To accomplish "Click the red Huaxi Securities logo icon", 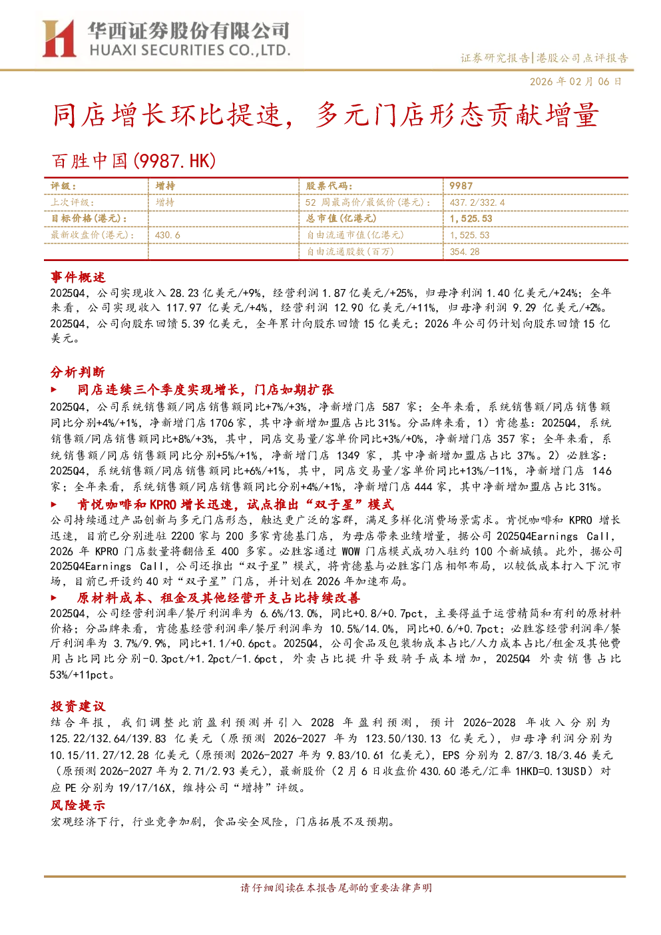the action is [x=59, y=39].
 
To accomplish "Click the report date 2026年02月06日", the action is [x=576, y=81].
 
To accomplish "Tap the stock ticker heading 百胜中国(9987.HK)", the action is [x=134, y=161].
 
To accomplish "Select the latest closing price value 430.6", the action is [x=168, y=235].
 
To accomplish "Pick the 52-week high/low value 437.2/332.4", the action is [x=477, y=202].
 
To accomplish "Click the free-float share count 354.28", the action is [x=465, y=252].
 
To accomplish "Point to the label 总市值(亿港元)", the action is [x=341, y=218].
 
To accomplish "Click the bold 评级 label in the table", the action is [x=63, y=186].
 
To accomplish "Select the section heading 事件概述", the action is [x=78, y=277].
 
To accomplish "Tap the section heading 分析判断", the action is [x=78, y=372].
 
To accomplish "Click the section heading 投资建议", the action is [x=78, y=706].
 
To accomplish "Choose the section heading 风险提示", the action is [x=78, y=804].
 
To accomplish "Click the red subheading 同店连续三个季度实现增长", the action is [x=158, y=390].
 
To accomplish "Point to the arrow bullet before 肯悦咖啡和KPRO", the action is [x=54, y=504].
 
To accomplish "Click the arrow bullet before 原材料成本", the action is [x=54, y=598].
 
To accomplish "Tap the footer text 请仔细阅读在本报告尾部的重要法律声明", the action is [x=336, y=888].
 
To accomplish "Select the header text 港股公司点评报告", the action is [x=582, y=57].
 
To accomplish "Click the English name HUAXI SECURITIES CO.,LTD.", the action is [x=190, y=51].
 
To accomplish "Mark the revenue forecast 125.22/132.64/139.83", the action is [x=108, y=739].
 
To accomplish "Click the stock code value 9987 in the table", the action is [x=461, y=186].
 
